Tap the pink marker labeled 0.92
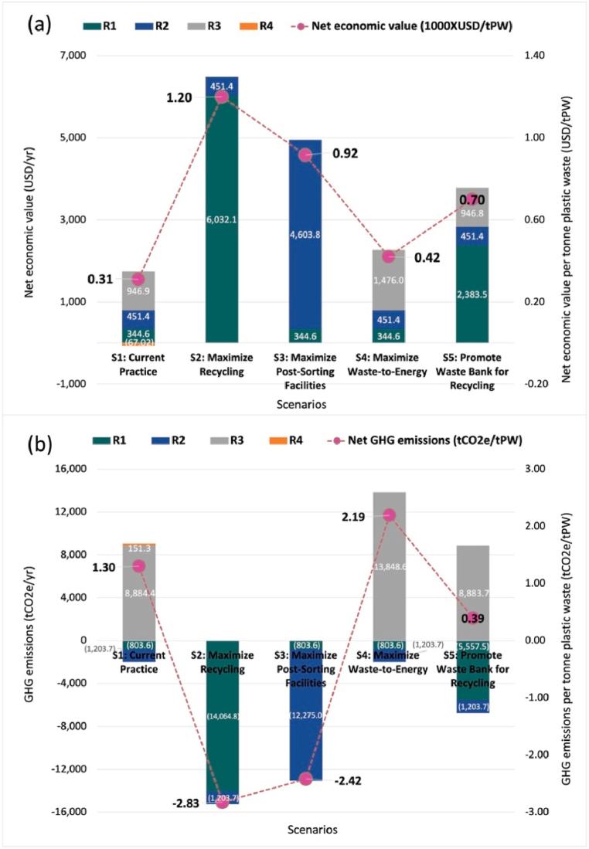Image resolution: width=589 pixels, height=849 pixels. tap(305, 155)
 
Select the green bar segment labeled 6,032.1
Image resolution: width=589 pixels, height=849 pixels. tap(222, 219)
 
